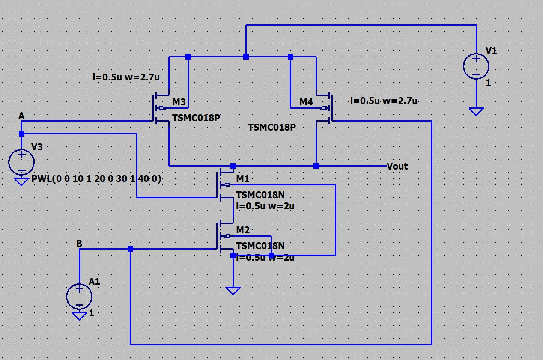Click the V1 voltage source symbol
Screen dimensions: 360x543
(x=476, y=66)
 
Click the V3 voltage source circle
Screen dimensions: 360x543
(x=21, y=162)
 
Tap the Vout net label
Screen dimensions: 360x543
(x=397, y=166)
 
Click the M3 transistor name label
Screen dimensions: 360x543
(x=179, y=102)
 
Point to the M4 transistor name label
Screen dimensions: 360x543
(x=306, y=102)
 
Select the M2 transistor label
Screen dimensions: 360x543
(x=243, y=230)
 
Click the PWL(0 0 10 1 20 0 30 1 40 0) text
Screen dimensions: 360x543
(x=96, y=179)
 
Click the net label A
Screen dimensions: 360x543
(x=21, y=116)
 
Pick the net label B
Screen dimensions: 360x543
(x=79, y=244)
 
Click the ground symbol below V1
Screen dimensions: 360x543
(x=476, y=111)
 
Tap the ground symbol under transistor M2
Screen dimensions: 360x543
(x=233, y=291)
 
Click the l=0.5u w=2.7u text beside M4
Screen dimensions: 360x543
(x=384, y=101)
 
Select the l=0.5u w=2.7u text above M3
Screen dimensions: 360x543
(x=126, y=77)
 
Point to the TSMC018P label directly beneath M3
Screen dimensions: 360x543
(x=196, y=118)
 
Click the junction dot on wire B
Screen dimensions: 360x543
(x=130, y=249)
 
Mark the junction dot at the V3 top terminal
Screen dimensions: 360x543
(x=21, y=134)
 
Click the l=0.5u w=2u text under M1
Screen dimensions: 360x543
(x=265, y=206)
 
